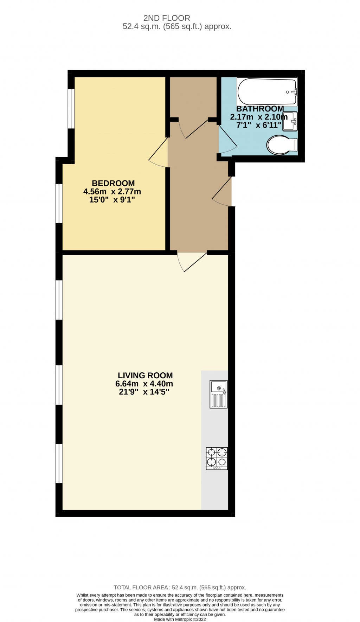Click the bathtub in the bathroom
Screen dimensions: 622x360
point(267,92)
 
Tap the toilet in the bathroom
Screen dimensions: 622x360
point(281,145)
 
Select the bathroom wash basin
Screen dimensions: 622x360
point(290,121)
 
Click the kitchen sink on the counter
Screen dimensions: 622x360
point(219,394)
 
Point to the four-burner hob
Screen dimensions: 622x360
point(217,458)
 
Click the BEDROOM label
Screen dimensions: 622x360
point(113,183)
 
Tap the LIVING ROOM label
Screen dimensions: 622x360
point(145,375)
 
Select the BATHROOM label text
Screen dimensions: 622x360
point(260,109)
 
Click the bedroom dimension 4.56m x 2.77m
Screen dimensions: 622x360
point(112,192)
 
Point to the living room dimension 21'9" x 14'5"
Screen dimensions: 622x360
point(144,392)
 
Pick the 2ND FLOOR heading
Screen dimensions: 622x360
point(167,18)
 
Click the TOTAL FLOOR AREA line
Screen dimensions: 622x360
point(180,587)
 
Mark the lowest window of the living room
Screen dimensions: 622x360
point(59,463)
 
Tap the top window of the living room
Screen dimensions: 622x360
point(59,300)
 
